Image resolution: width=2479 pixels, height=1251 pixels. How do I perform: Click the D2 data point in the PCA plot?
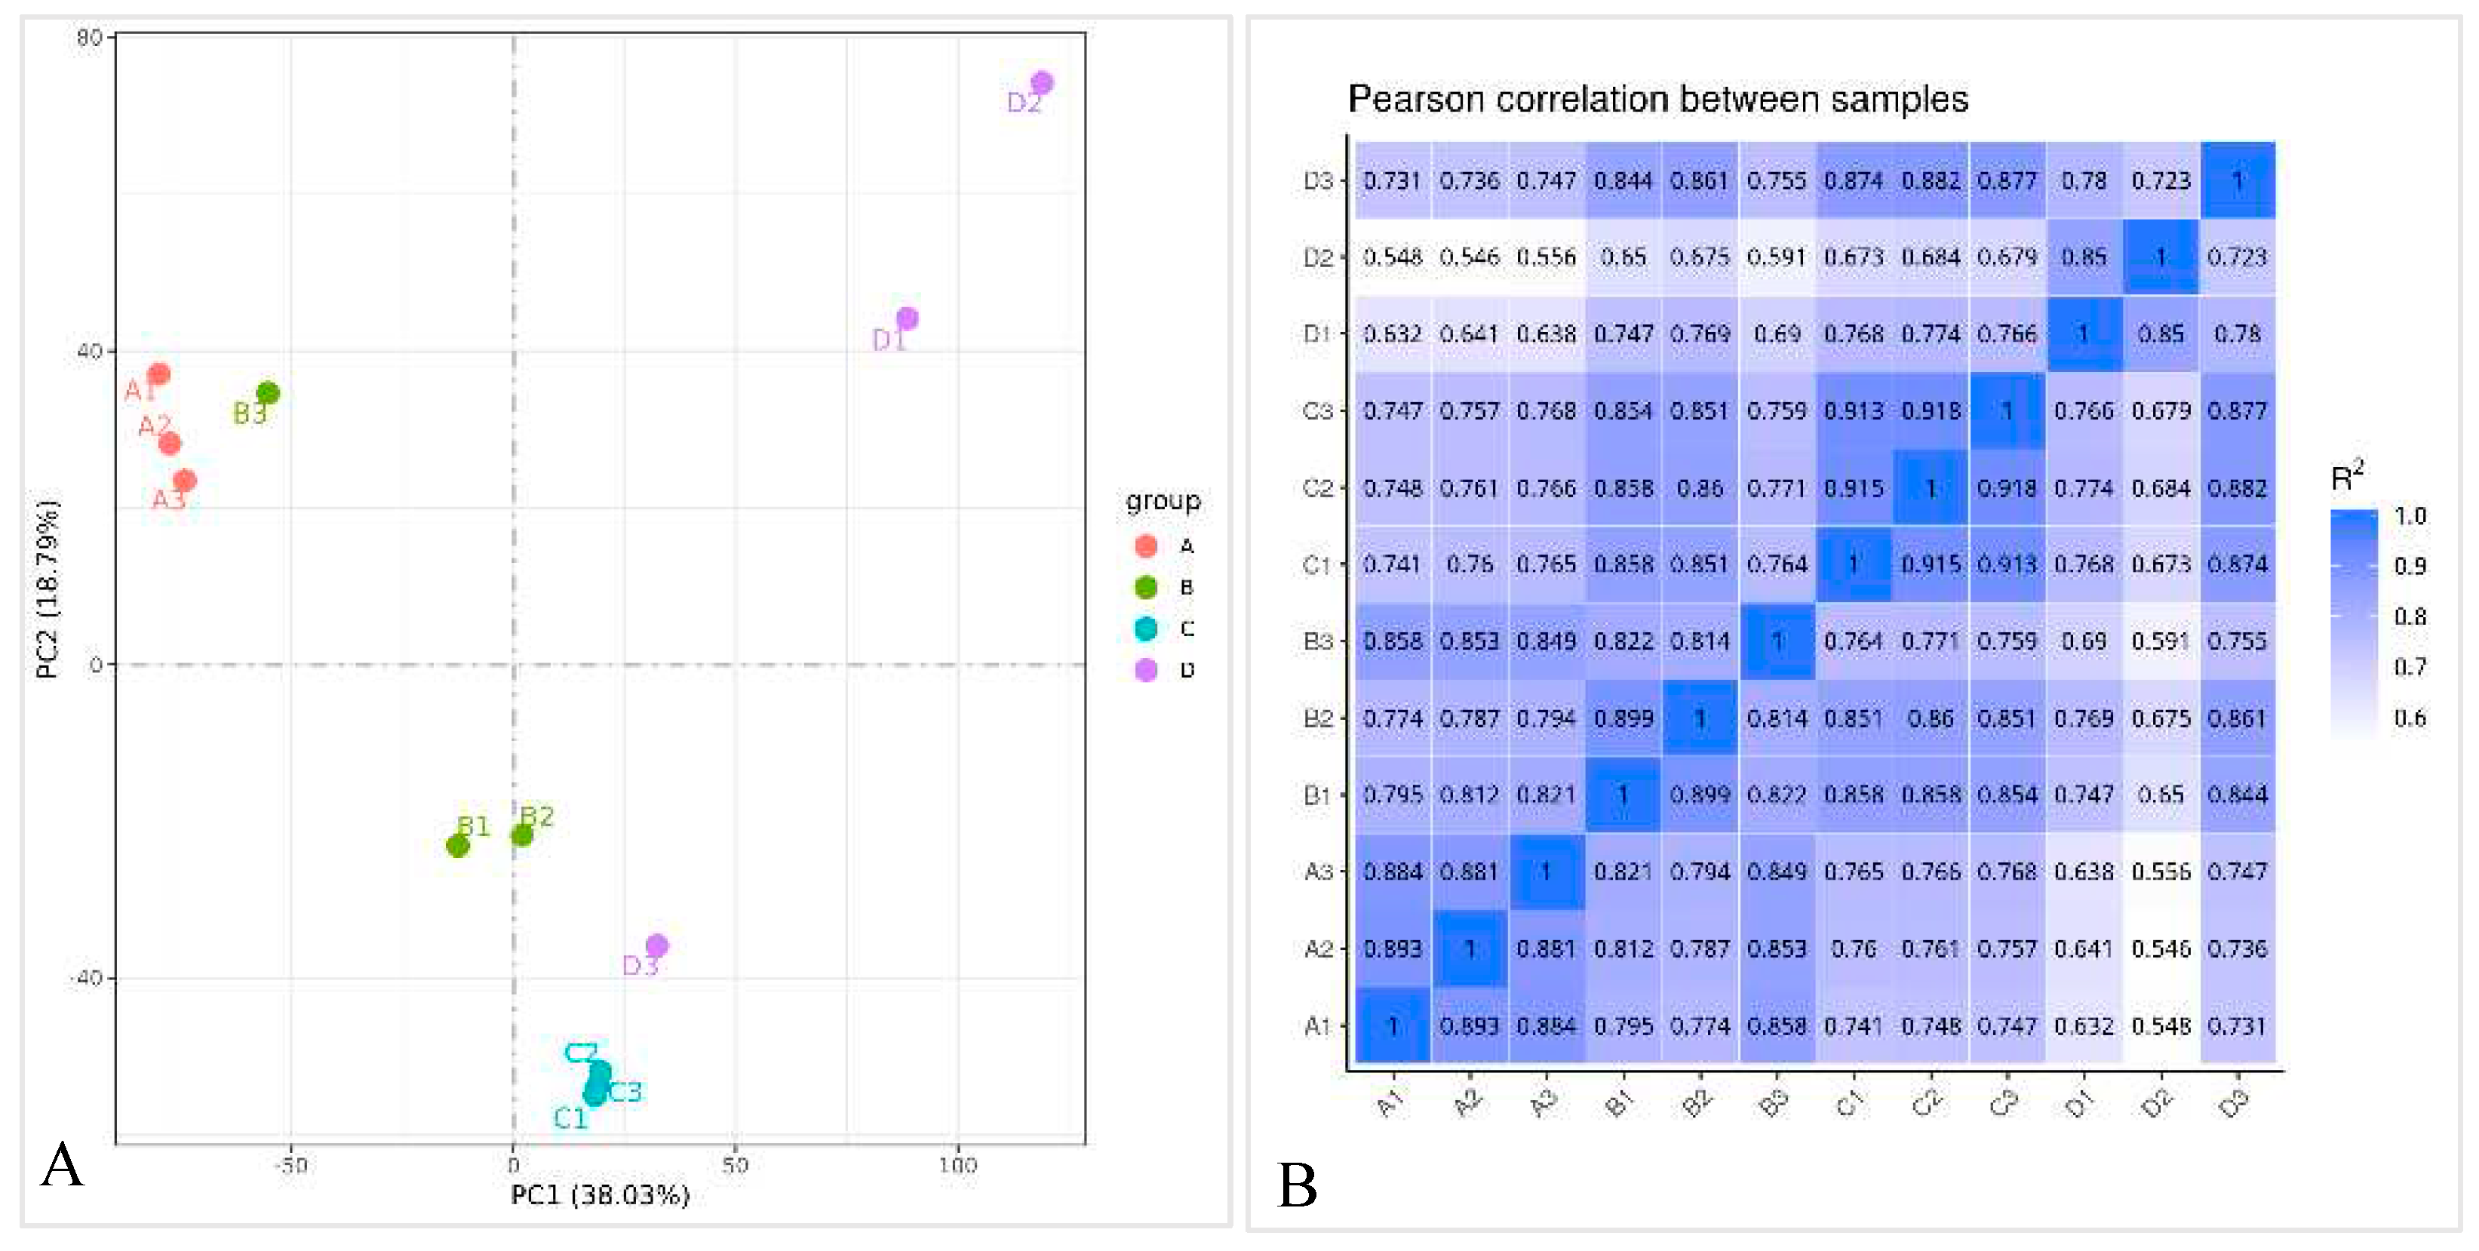[1041, 83]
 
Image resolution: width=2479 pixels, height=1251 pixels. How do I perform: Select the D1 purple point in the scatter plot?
[907, 318]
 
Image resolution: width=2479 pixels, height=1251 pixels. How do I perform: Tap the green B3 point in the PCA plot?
[269, 392]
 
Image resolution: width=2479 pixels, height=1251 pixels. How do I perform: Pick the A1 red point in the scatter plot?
[160, 373]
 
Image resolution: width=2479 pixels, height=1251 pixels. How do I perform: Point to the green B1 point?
[458, 846]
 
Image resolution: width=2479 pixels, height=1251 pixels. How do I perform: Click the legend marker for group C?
[1145, 629]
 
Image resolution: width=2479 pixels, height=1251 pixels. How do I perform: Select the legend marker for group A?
[1145, 546]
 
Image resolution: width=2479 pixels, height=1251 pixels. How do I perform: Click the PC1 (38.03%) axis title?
[600, 1195]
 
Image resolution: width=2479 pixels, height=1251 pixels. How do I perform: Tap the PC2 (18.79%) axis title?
[48, 589]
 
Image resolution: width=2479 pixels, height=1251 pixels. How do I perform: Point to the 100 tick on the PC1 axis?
[957, 1165]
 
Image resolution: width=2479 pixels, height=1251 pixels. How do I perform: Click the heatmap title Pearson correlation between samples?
[1657, 99]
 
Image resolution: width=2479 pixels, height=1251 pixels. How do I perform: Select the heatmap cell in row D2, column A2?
[1470, 257]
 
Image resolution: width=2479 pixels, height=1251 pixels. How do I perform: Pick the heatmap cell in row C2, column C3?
[2007, 488]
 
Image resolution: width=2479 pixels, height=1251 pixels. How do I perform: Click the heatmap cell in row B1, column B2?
[1700, 795]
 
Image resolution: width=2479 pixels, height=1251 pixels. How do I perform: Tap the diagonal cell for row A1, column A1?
[1393, 1026]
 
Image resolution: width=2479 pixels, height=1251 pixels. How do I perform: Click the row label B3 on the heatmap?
[1316, 641]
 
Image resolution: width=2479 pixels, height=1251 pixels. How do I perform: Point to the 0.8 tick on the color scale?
[2410, 616]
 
